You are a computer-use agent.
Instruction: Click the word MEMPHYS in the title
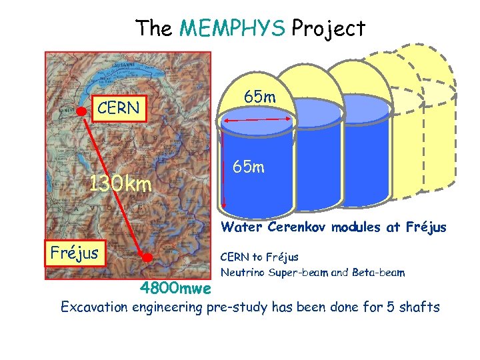[x=233, y=29]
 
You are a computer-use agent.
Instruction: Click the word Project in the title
[x=329, y=29]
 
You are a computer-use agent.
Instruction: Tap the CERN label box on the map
[x=118, y=108]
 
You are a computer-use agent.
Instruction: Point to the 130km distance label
[x=121, y=184]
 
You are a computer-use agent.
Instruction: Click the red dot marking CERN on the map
[x=82, y=110]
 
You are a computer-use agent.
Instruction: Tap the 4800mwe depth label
[x=176, y=289]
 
